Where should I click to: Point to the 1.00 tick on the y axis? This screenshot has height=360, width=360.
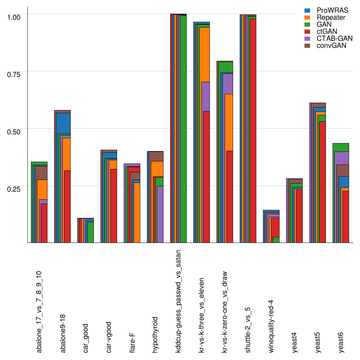(14, 17)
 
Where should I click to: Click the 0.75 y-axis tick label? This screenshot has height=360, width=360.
(14, 74)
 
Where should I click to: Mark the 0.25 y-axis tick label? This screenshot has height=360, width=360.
(14, 189)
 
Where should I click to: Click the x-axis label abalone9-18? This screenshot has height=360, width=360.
(63, 334)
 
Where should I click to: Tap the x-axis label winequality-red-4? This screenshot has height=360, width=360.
(271, 326)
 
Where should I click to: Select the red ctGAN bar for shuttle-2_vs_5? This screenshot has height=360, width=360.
(253, 130)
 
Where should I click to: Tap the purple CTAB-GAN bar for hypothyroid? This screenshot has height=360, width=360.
(160, 214)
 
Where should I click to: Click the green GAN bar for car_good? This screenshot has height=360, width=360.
(90, 232)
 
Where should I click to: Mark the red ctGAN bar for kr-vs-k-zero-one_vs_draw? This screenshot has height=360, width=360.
(230, 197)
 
